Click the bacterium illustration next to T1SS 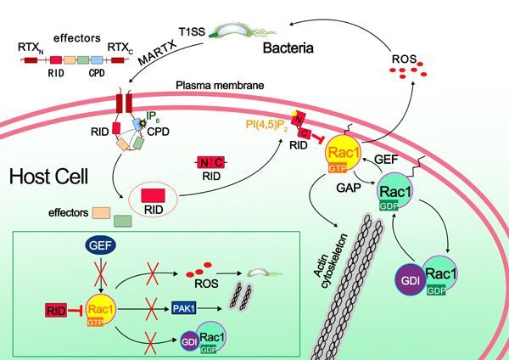click(x=243, y=31)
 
